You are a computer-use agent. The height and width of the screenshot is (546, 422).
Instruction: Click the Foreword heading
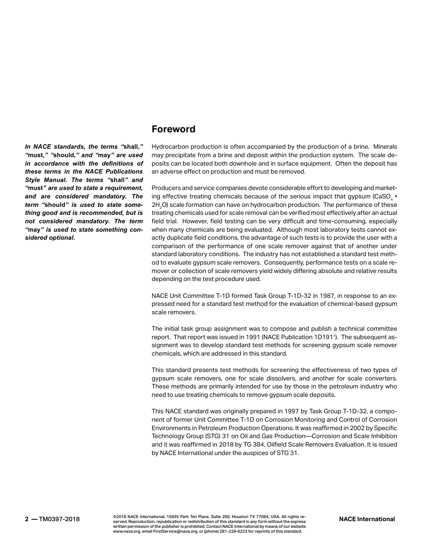coord(173,129)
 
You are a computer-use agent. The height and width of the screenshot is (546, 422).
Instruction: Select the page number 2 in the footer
coord(27,519)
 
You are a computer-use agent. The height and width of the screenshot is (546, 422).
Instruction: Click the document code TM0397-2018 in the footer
coord(60,519)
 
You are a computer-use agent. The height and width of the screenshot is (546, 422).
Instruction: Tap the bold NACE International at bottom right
coord(366,519)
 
